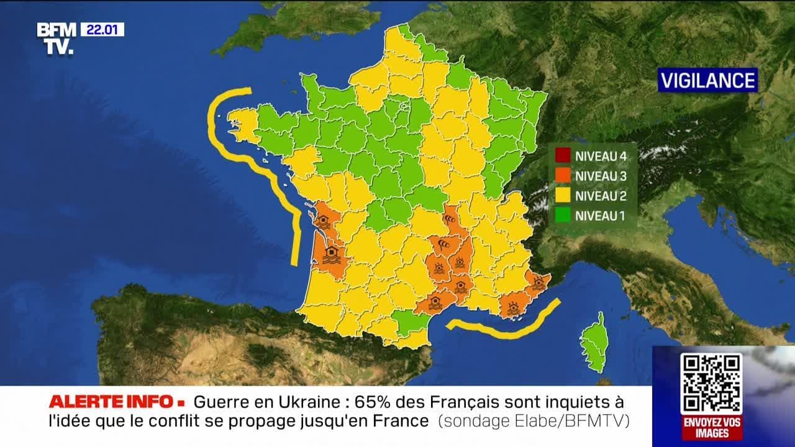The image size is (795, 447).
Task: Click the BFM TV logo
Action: (x=57, y=38)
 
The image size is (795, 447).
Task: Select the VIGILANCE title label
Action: (x=707, y=80)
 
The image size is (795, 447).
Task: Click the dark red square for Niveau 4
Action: (x=563, y=156)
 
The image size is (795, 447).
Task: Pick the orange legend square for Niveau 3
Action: (x=563, y=176)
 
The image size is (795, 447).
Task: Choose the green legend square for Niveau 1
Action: (x=563, y=216)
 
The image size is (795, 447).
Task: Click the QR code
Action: (x=711, y=383)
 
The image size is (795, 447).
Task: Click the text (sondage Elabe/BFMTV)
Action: (x=534, y=421)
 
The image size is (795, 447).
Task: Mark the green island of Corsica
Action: (x=594, y=345)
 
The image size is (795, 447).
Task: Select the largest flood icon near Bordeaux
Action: (x=332, y=255)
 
